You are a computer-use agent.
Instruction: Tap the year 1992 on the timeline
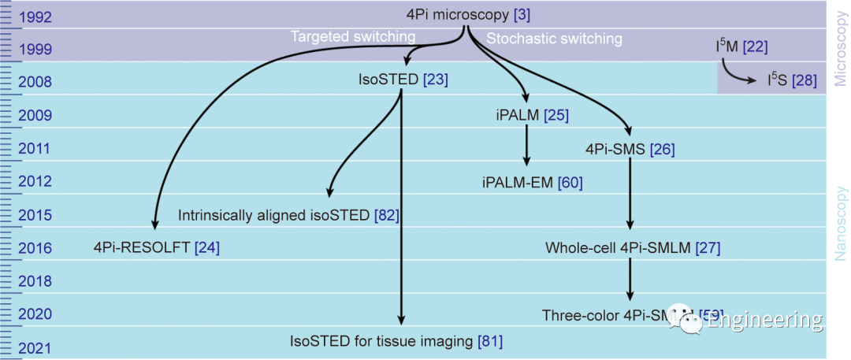tap(34, 15)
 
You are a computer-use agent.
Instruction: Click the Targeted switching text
tap(353, 37)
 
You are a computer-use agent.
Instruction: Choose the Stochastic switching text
tap(554, 38)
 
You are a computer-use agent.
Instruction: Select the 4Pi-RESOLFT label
tap(142, 248)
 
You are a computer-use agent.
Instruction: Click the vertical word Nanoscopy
tap(840, 223)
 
